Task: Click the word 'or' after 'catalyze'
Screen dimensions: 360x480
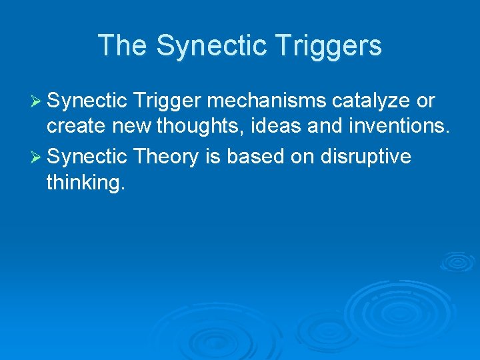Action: click(x=425, y=101)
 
